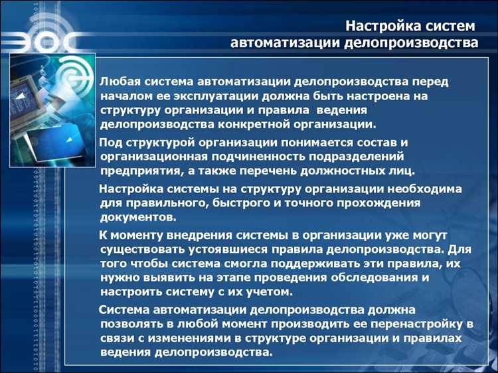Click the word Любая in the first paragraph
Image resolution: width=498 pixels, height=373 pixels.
coord(118,82)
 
